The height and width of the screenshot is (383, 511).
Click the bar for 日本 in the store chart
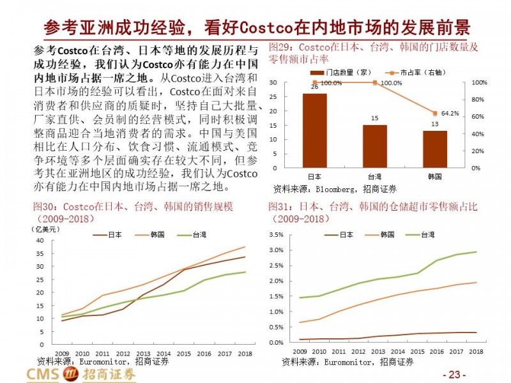pos(314,131)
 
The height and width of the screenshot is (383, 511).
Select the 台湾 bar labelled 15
pos(375,146)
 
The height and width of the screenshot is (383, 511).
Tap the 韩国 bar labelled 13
pos(435,149)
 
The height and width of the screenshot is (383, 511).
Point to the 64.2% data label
pos(450,114)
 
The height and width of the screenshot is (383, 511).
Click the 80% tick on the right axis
pos(479,100)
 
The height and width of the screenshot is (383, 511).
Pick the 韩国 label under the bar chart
pos(435,177)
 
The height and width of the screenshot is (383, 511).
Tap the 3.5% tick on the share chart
pos(276,235)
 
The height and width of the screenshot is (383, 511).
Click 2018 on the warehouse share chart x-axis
pos(475,352)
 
